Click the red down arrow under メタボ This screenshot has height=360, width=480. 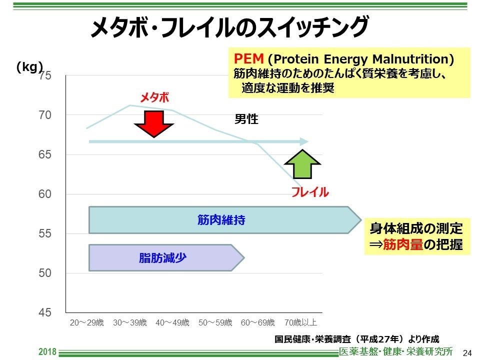(154, 123)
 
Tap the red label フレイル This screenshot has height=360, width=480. (310, 192)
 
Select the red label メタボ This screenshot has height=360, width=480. (154, 97)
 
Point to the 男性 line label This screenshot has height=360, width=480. (246, 119)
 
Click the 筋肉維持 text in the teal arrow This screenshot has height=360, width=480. (221, 220)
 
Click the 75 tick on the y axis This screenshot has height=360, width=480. (45, 76)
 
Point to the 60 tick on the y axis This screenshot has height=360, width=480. (45, 194)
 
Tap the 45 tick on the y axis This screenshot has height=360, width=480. (45, 312)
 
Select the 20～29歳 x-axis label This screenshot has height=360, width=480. (86, 322)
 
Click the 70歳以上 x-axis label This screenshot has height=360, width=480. (300, 322)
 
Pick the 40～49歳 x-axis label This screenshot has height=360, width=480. (172, 322)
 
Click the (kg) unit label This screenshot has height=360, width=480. (29, 67)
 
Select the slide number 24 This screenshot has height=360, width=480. (467, 352)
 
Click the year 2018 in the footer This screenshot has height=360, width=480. (48, 352)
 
